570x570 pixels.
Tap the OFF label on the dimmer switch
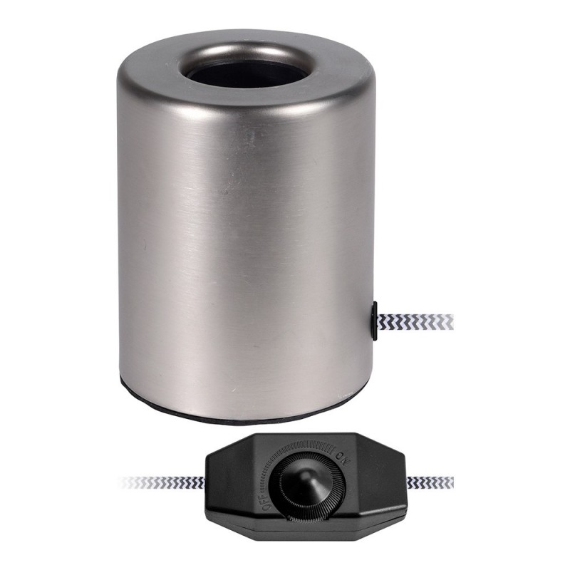click(x=266, y=502)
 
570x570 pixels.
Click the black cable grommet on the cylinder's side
click(x=374, y=320)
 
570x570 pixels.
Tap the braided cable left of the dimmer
click(x=164, y=482)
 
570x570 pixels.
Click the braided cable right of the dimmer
click(x=430, y=482)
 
